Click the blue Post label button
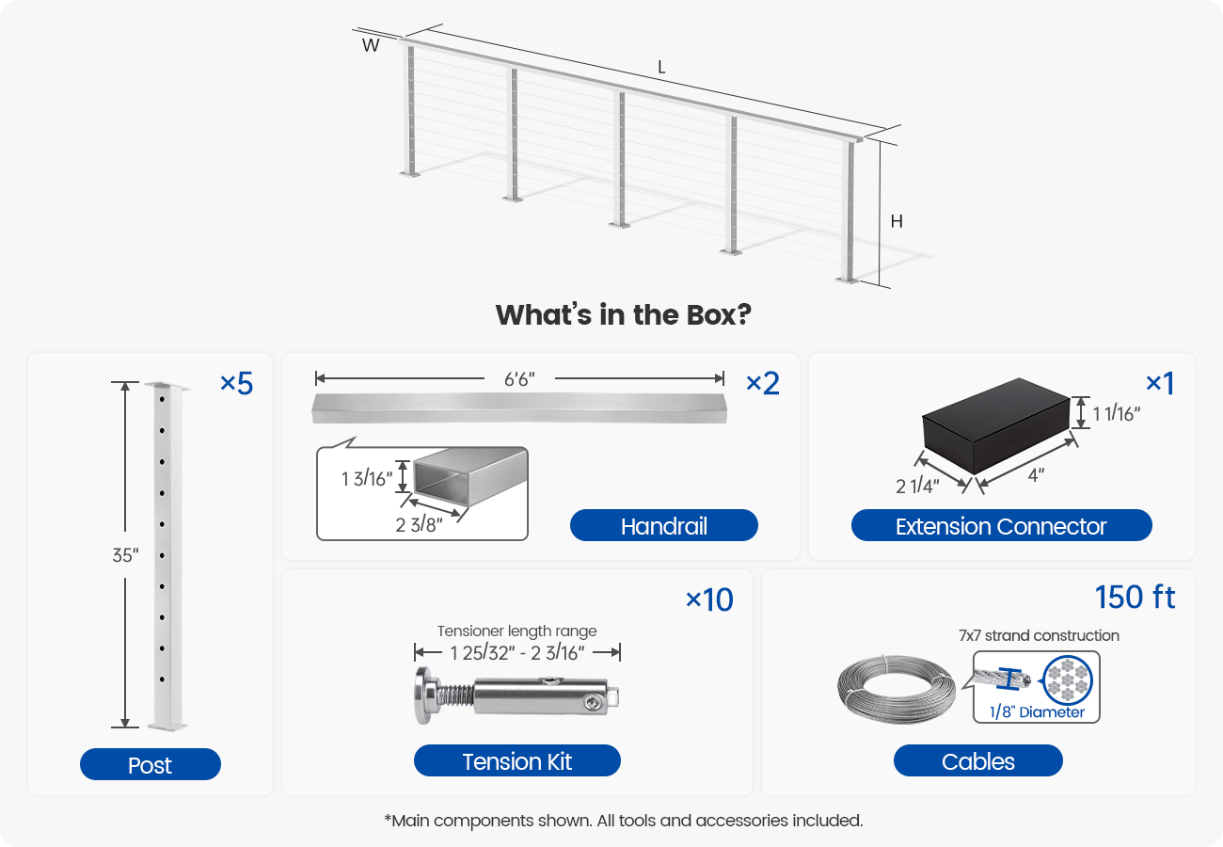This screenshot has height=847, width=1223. [x=150, y=764]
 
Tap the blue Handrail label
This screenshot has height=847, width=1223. [x=663, y=525]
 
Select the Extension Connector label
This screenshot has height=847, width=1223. [x=1001, y=525]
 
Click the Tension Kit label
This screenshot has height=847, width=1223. [x=516, y=760]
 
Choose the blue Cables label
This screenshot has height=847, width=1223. [x=977, y=760]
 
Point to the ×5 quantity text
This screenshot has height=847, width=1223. [x=236, y=383]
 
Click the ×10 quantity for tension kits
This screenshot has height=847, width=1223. [x=709, y=599]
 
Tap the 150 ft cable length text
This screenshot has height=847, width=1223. [x=1135, y=598]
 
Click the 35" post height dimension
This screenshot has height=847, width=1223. [x=125, y=555]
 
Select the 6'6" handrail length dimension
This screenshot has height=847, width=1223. [x=518, y=378]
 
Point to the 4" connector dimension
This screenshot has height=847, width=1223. [x=1035, y=475]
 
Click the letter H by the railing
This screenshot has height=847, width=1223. [x=897, y=222]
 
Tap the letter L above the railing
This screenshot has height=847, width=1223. [x=662, y=68]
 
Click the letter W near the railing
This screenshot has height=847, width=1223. [x=371, y=44]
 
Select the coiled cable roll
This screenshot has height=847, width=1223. [x=896, y=690]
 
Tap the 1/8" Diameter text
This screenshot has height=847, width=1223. [x=1036, y=712]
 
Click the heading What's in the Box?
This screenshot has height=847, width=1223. [x=622, y=314]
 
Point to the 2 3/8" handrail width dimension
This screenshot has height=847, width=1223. [x=419, y=524]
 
